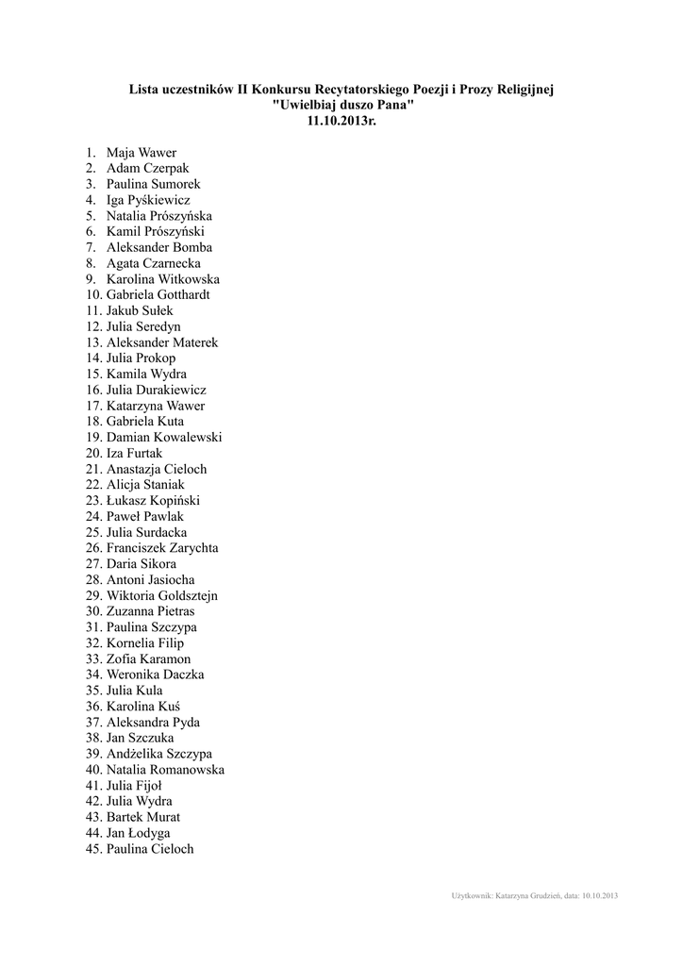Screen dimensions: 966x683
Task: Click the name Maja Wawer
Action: (x=141, y=153)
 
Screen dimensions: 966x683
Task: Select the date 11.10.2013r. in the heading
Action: (x=341, y=122)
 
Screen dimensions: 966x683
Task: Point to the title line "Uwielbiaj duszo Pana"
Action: (x=341, y=106)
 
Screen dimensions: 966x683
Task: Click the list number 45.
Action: (x=92, y=849)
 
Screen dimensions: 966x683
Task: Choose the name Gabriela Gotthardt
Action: (x=158, y=295)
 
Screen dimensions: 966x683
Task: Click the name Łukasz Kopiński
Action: (x=153, y=501)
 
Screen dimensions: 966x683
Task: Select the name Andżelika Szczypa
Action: (x=158, y=755)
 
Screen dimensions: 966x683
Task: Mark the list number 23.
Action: (x=92, y=501)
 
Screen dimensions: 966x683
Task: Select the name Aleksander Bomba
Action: (x=158, y=247)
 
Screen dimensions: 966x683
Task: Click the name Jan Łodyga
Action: (x=138, y=833)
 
